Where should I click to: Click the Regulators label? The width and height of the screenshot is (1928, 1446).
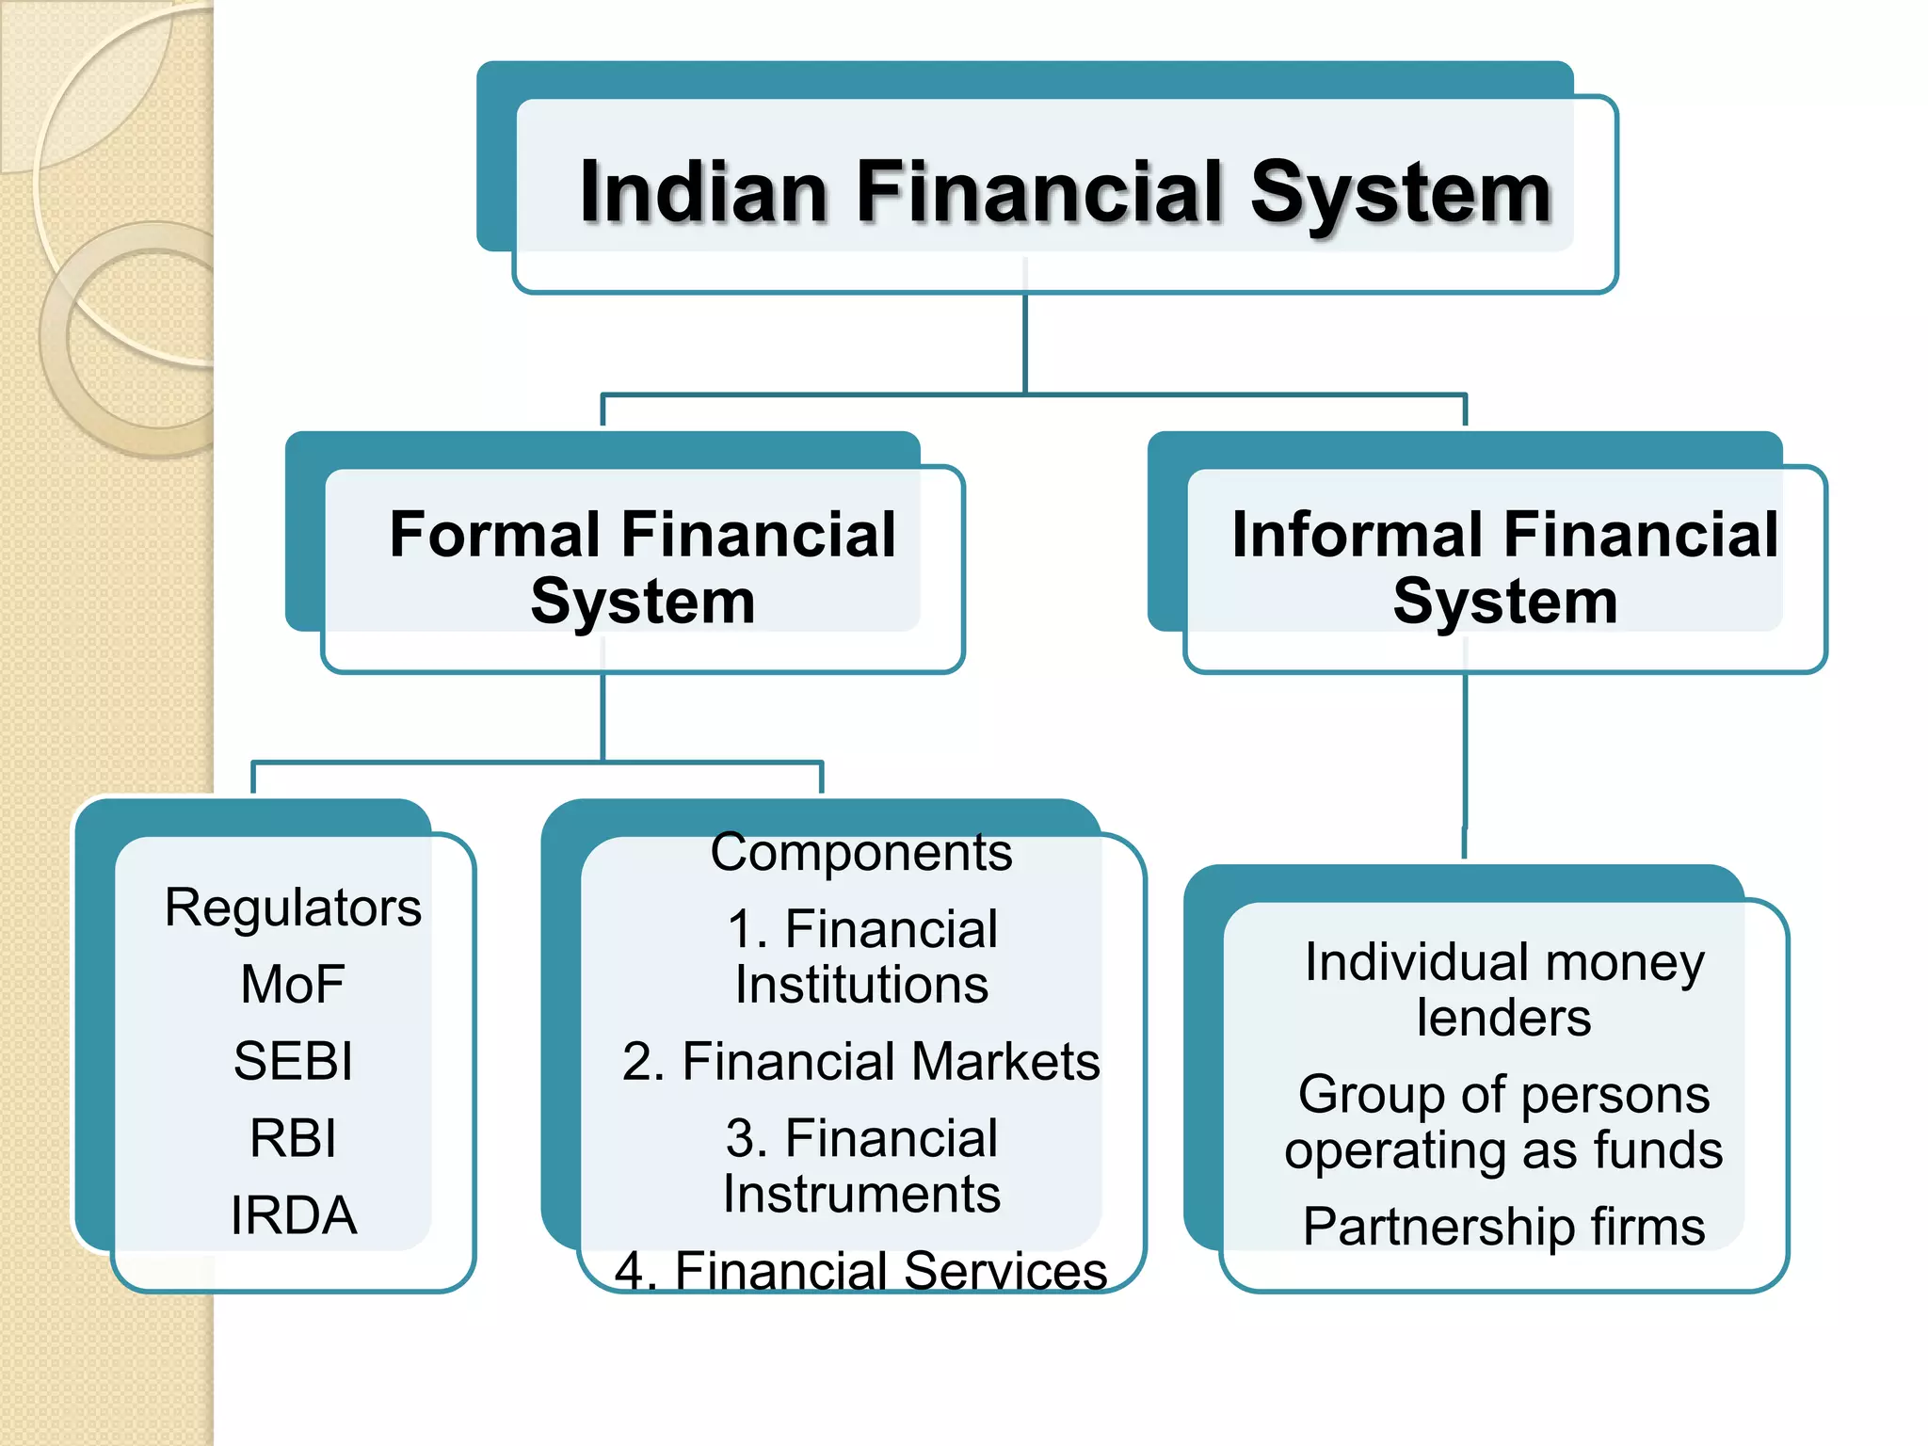[x=293, y=908]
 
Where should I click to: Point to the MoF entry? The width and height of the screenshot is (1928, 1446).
[x=293, y=985]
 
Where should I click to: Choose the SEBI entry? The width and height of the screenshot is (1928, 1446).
[x=293, y=1061]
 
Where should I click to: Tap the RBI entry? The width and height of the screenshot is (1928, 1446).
[x=293, y=1138]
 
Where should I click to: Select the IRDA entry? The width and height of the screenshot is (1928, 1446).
[x=293, y=1215]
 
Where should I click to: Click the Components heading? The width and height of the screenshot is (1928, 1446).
[x=860, y=853]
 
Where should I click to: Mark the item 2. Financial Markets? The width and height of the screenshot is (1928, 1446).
[x=860, y=1062]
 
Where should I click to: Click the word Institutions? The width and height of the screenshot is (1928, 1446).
[x=861, y=985]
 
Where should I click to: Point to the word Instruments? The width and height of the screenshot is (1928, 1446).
[x=861, y=1195]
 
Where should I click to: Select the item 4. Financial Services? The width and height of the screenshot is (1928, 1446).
[x=860, y=1271]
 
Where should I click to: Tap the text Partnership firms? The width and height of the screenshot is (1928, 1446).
[x=1503, y=1227]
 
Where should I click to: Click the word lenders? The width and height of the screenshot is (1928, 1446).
[x=1503, y=1019]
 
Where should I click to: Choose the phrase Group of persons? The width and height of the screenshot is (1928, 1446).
[x=1503, y=1095]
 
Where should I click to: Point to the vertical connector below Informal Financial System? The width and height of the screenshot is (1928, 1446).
[x=1465, y=753]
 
